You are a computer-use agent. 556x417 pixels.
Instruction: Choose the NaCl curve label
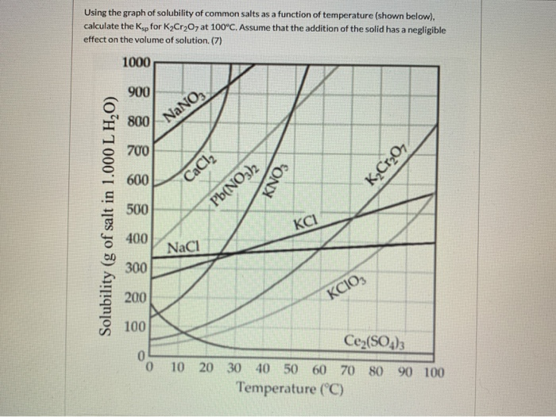click(183, 247)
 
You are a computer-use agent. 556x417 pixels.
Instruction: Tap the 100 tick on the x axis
click(434, 371)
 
